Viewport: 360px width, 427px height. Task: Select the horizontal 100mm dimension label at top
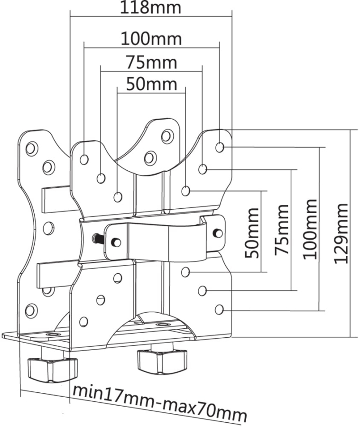(151, 37)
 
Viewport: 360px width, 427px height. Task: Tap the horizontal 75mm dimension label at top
(151, 62)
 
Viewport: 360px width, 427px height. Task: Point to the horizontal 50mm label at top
(151, 84)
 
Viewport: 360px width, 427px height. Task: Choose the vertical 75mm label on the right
(283, 230)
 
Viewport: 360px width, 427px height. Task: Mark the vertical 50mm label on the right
(252, 232)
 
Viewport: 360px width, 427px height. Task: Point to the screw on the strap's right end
(218, 233)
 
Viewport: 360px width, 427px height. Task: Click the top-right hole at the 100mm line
(220, 147)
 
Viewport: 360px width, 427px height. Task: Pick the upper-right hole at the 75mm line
(203, 169)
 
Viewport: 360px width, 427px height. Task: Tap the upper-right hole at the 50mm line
(185, 191)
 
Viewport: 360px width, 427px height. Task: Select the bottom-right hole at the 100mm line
(219, 310)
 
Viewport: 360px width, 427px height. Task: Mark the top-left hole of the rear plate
(31, 149)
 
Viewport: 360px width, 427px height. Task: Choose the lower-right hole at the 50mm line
(185, 272)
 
